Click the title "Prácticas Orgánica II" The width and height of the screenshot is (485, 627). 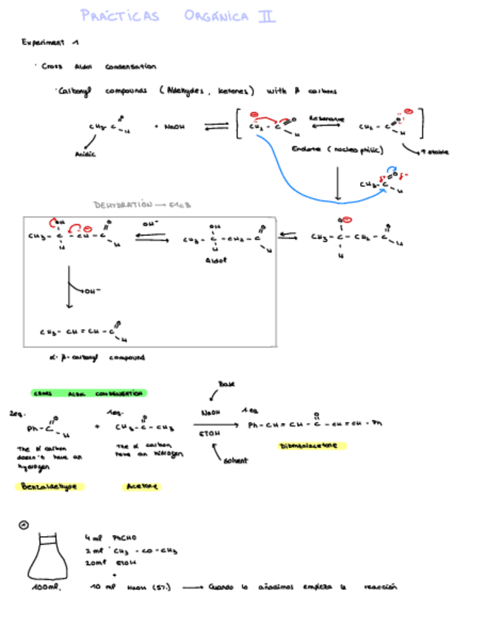pos(177,16)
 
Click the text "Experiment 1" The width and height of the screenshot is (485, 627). pos(44,42)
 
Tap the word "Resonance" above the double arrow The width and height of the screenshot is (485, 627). pos(326,118)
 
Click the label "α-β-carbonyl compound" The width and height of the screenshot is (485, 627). pos(96,357)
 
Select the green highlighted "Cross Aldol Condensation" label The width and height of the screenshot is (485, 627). pos(89,393)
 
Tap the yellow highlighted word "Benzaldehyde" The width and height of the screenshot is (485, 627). pos(50,486)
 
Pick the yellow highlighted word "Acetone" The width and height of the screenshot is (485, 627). pos(142,486)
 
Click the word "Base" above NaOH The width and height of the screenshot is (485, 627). pos(225,384)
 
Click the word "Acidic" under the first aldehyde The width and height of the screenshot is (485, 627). pos(85,154)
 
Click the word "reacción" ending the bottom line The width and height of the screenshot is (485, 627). pos(381,587)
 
